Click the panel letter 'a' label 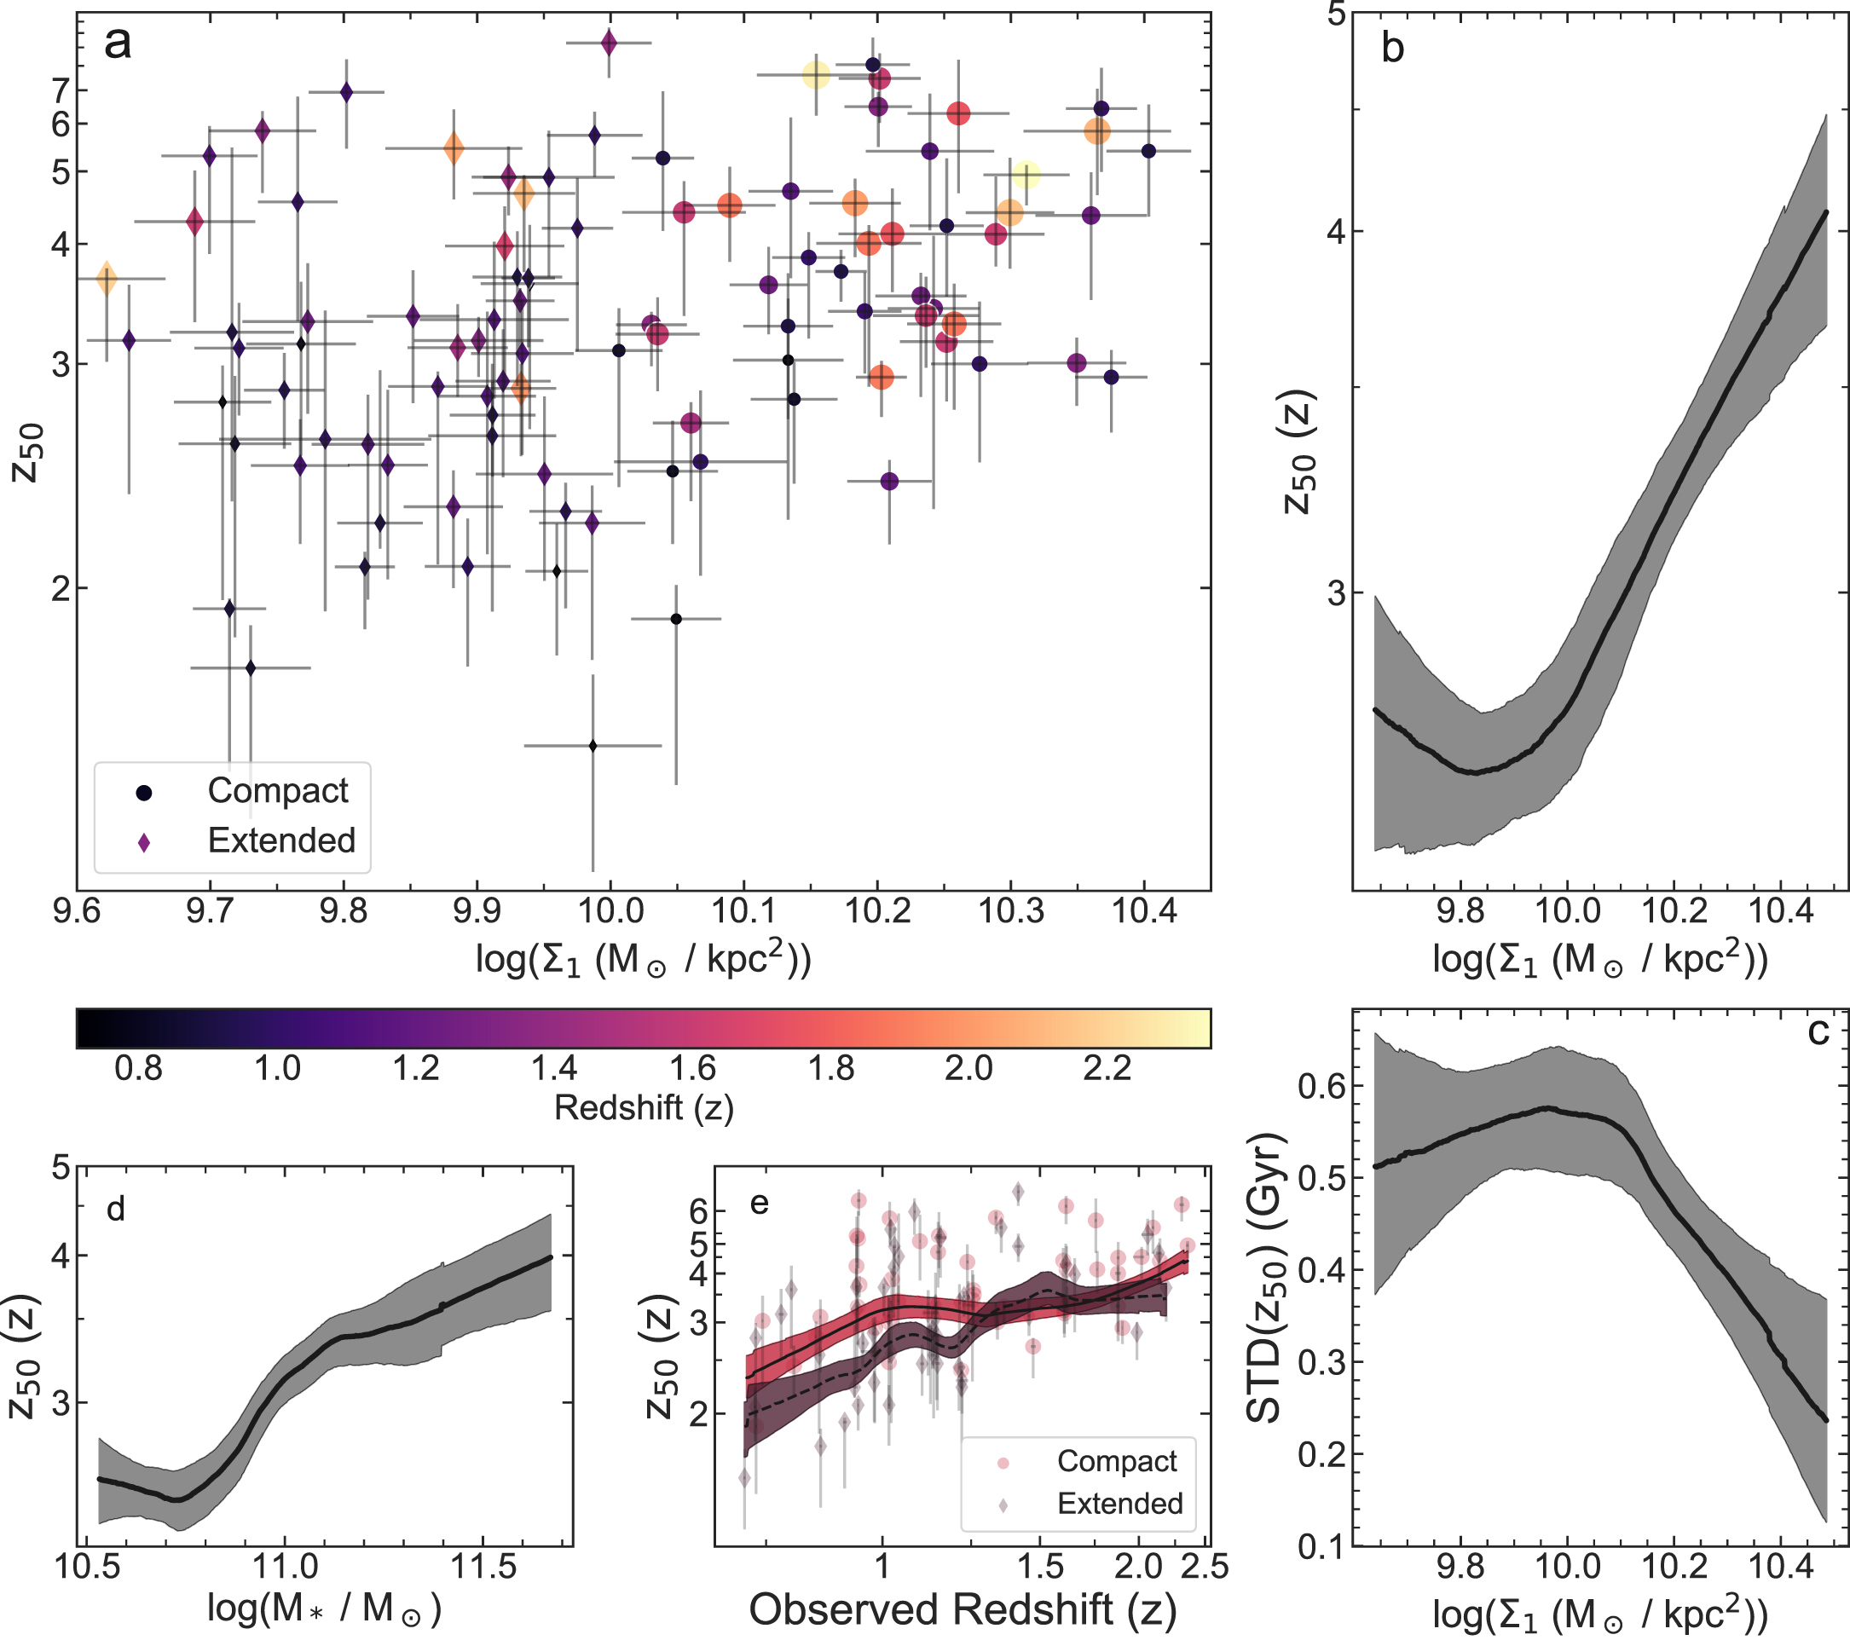[x=118, y=43]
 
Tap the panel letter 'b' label [x=1393, y=48]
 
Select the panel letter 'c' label [x=1818, y=1031]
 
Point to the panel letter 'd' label [x=116, y=1209]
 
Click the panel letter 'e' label [x=760, y=1202]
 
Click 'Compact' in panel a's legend [x=277, y=791]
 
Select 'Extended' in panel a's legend [x=281, y=840]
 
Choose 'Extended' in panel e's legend [x=1119, y=1503]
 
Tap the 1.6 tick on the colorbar [x=692, y=1069]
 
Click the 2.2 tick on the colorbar [x=1107, y=1069]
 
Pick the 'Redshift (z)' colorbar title [x=644, y=1107]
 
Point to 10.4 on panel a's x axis [x=1144, y=910]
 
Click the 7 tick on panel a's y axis [x=61, y=90]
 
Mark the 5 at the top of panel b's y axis [x=1337, y=15]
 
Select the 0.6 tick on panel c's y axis [x=1321, y=1085]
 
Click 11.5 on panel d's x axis [x=483, y=1566]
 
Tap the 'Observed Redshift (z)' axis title [x=963, y=1610]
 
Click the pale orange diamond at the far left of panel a [x=107, y=279]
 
